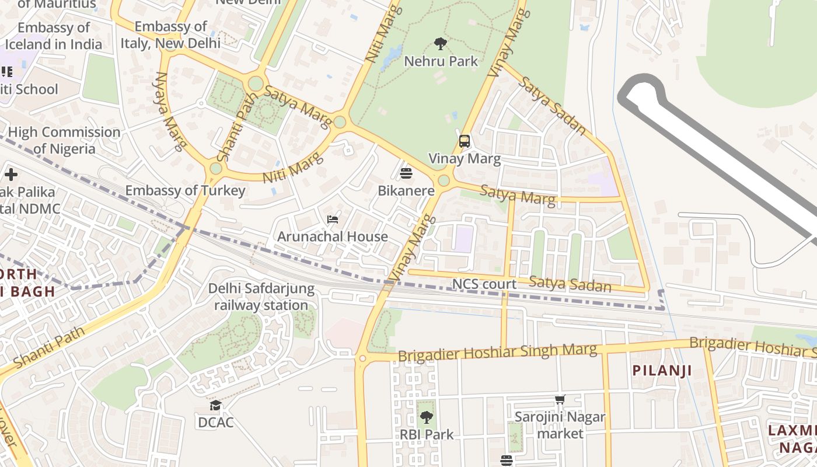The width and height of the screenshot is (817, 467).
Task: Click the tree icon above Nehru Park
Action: [x=441, y=44]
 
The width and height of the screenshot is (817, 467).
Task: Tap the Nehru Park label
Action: [x=441, y=61]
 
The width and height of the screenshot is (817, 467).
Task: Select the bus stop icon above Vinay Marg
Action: [x=465, y=141]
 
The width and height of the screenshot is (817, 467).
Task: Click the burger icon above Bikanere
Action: [x=406, y=173]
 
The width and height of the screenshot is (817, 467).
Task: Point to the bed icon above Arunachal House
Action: [x=333, y=219]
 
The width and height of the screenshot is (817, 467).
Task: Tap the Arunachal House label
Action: [x=333, y=236]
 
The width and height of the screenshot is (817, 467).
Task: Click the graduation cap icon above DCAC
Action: [x=216, y=405]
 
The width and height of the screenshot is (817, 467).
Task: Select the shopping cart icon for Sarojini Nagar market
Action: [x=560, y=400]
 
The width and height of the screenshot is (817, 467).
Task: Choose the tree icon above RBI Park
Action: [x=427, y=417]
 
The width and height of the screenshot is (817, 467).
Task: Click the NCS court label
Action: [x=484, y=284]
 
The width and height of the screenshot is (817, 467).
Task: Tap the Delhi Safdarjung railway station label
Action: [x=261, y=297]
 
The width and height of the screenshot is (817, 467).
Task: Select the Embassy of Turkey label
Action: [x=185, y=190]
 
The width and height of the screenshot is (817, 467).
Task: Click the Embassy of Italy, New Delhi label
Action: [x=170, y=35]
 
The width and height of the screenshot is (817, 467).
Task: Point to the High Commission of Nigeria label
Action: [x=64, y=141]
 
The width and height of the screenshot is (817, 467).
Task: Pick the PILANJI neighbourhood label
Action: [x=662, y=371]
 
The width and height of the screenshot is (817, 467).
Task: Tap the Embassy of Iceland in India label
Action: [x=53, y=36]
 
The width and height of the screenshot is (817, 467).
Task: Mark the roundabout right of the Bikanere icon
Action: [x=444, y=180]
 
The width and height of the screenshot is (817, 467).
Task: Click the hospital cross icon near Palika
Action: [x=11, y=175]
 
